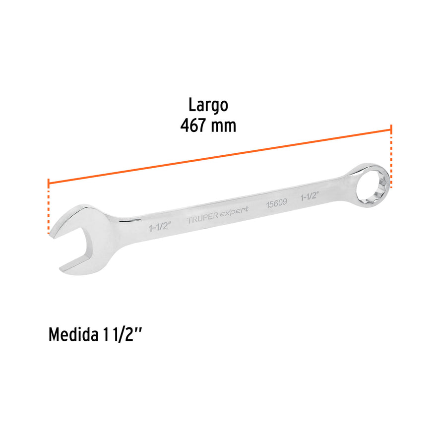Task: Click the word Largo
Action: (208, 105)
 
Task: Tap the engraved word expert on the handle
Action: (237, 213)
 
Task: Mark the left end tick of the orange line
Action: (49, 183)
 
